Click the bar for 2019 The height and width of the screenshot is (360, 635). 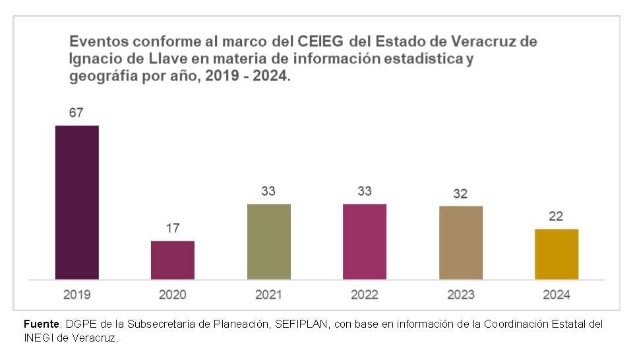click(76, 202)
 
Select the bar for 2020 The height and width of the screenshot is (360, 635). click(172, 260)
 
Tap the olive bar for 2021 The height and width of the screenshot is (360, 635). click(268, 241)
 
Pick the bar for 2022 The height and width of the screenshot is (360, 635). click(365, 241)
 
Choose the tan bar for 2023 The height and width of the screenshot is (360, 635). click(460, 243)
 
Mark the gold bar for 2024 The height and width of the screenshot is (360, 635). click(557, 254)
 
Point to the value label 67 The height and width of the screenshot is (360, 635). click(76, 113)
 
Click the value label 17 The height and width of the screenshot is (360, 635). click(172, 228)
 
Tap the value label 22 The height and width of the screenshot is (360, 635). click(557, 216)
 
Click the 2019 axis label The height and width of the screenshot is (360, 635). click(76, 295)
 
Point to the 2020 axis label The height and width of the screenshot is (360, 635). click(172, 295)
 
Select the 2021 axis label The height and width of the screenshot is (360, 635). click(268, 295)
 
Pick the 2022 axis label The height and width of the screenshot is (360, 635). click(365, 295)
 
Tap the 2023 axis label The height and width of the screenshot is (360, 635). click(460, 295)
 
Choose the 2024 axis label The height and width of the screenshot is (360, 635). click(557, 295)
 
